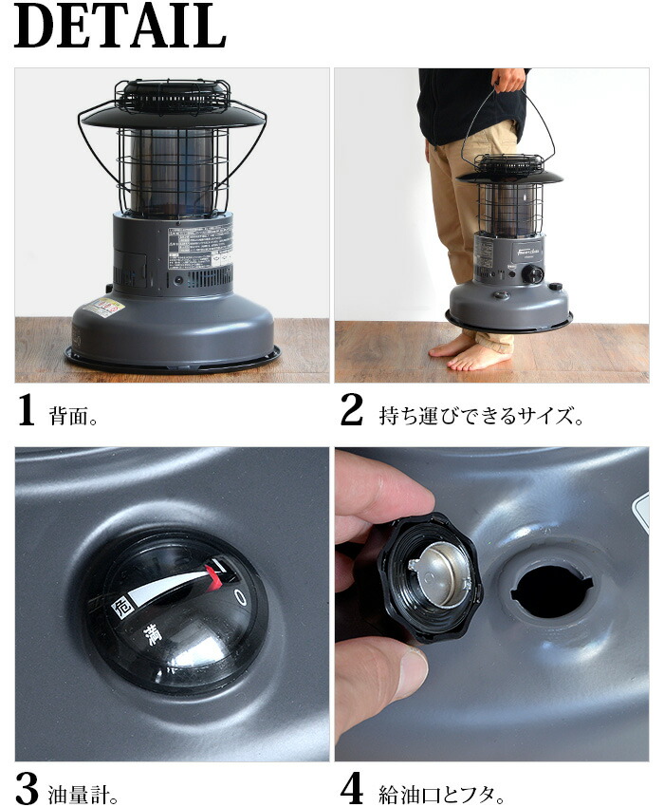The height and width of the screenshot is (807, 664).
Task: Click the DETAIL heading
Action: click(x=120, y=28)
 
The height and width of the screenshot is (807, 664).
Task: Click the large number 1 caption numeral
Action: click(x=28, y=410)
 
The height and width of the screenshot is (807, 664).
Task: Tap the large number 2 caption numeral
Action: click(x=351, y=410)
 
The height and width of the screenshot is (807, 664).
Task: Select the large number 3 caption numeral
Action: click(x=28, y=788)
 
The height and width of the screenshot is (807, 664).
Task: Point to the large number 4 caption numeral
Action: click(x=352, y=788)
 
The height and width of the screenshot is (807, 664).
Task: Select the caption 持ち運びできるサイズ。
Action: click(x=481, y=415)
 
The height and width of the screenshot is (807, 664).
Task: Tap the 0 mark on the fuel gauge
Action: click(x=240, y=596)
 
